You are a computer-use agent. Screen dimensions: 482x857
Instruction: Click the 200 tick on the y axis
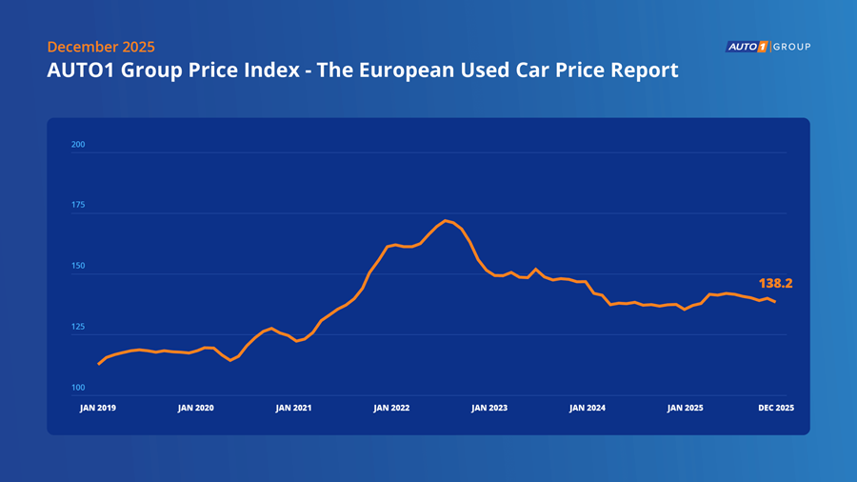[x=78, y=145]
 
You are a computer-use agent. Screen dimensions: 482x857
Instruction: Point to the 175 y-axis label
[x=78, y=206]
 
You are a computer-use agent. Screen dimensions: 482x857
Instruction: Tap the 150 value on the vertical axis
[x=78, y=267]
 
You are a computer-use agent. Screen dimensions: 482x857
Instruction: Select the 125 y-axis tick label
[x=78, y=328]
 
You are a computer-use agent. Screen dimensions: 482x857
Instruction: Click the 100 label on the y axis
[x=78, y=388]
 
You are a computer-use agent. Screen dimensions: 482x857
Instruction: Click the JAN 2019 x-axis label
[x=98, y=408]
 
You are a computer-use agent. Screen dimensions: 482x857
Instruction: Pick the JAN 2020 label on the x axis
[x=195, y=408]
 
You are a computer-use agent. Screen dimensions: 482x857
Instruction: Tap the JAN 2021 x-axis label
[x=293, y=408]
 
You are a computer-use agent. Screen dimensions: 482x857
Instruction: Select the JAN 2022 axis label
[x=391, y=408]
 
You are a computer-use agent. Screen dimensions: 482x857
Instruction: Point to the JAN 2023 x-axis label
[x=489, y=408]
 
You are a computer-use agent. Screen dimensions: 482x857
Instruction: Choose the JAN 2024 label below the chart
[x=588, y=408]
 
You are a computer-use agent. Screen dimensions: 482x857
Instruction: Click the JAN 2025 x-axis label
[x=685, y=408]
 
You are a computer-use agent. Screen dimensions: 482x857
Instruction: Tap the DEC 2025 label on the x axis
[x=775, y=408]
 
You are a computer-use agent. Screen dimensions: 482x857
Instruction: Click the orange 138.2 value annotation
[x=776, y=283]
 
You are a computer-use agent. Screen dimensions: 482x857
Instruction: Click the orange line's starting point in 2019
[x=99, y=364]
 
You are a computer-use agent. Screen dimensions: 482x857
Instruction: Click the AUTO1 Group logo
[x=767, y=46]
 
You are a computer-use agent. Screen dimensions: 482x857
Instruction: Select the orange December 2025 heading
[x=100, y=47]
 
